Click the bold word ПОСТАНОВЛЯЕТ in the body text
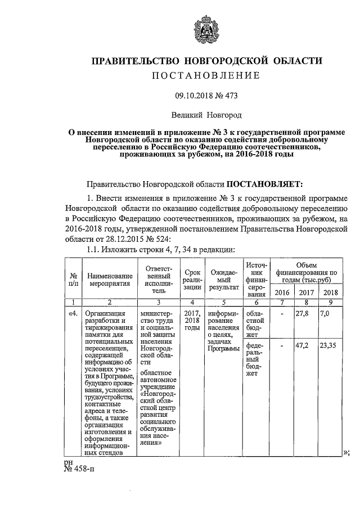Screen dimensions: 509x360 point(264,183)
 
